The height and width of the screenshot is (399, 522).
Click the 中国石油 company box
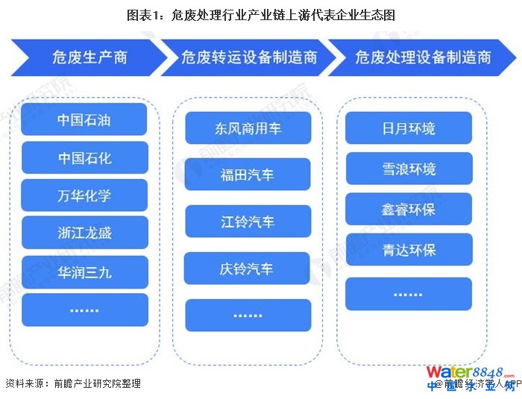[x=84, y=119]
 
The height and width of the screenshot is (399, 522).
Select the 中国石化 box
[x=84, y=157]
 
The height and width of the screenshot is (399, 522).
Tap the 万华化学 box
[x=84, y=195]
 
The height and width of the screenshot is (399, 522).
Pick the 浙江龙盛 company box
[x=84, y=233]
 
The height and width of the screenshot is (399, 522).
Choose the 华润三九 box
[x=84, y=271]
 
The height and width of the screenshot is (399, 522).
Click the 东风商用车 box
[x=248, y=129]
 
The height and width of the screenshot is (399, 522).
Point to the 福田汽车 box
[x=248, y=175]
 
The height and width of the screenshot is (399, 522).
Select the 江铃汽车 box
[x=248, y=222]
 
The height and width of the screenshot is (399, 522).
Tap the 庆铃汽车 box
[x=248, y=268]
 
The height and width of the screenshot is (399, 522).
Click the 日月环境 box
[x=409, y=128]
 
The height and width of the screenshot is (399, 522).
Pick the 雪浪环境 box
[x=409, y=169]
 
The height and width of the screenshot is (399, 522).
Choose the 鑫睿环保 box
[x=409, y=209]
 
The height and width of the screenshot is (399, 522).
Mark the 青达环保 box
[x=409, y=250]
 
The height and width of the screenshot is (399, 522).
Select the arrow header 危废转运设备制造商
[x=249, y=57]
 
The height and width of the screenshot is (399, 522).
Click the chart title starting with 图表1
[x=261, y=14]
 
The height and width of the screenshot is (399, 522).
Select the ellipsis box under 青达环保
[x=409, y=294]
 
